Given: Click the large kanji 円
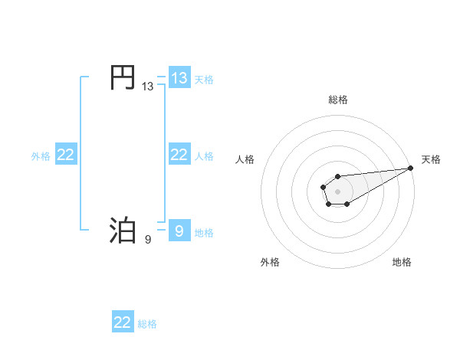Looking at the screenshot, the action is [x=123, y=78].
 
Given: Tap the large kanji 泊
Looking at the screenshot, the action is [x=123, y=230].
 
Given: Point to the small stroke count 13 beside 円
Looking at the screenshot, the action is [x=148, y=87].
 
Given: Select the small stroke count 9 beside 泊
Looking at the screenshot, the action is [x=148, y=239].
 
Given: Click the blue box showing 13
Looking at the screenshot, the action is [x=179, y=78].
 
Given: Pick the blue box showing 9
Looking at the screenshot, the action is [x=179, y=230].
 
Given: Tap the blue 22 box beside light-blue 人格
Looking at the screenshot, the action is [x=179, y=155].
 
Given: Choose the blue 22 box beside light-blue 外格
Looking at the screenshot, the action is [x=66, y=155].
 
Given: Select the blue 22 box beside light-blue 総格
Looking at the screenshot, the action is [x=123, y=322].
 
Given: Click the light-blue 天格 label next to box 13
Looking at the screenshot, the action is [x=204, y=79].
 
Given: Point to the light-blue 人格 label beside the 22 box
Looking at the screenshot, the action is [x=204, y=155].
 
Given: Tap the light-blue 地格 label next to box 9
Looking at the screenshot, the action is [x=204, y=232].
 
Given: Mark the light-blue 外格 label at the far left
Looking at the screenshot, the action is [x=41, y=155].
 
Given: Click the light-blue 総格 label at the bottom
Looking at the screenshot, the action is [x=147, y=324].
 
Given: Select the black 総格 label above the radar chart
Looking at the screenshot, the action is [x=338, y=100].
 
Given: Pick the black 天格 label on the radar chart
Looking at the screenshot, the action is [x=432, y=159].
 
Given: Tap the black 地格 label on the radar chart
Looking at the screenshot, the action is [x=402, y=263].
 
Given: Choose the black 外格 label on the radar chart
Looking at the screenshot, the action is [x=270, y=263].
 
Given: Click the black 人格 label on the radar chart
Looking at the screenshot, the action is [x=245, y=159].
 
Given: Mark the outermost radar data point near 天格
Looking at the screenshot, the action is [x=411, y=168].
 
